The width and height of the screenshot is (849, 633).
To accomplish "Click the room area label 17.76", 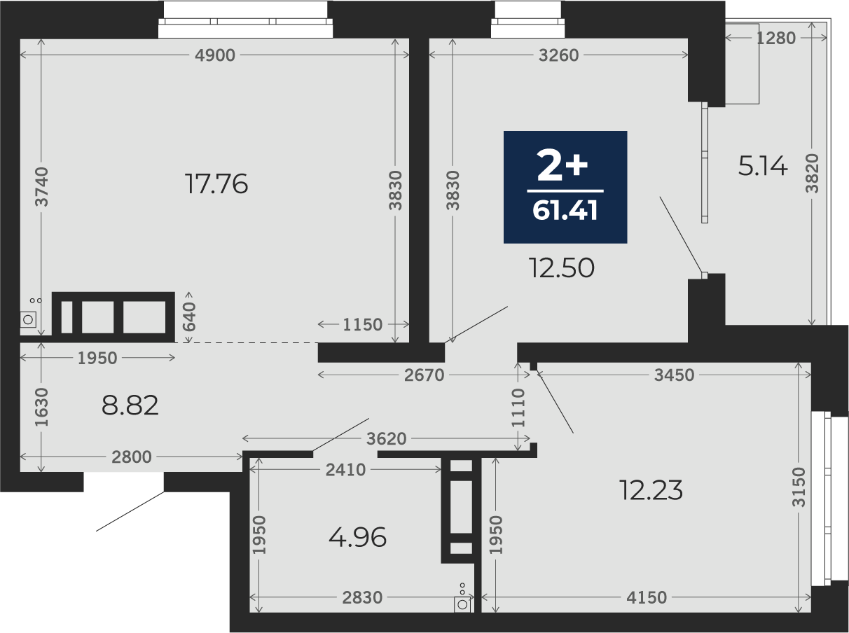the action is pyautogui.click(x=216, y=183).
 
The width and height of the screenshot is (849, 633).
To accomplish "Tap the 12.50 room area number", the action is pyautogui.click(x=561, y=267).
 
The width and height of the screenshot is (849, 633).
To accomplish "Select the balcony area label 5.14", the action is pyautogui.click(x=762, y=166).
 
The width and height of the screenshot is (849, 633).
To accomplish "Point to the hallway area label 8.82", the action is pyautogui.click(x=130, y=405).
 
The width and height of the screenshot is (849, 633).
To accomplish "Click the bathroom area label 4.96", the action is pyautogui.click(x=357, y=537).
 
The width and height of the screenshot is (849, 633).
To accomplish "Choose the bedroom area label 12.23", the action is pyautogui.click(x=651, y=490).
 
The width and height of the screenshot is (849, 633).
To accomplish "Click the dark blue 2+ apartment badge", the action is pyautogui.click(x=565, y=187).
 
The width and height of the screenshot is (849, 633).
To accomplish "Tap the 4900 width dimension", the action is pyautogui.click(x=214, y=55).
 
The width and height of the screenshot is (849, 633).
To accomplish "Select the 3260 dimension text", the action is pyautogui.click(x=558, y=55).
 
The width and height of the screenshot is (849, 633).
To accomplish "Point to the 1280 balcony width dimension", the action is pyautogui.click(x=775, y=38).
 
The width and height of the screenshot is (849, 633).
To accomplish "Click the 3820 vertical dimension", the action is pyautogui.click(x=812, y=173).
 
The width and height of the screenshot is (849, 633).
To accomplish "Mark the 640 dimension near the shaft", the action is pyautogui.click(x=189, y=317).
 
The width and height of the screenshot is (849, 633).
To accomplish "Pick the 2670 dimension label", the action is pyautogui.click(x=424, y=375).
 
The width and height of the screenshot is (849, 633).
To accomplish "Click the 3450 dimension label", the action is pyautogui.click(x=674, y=375).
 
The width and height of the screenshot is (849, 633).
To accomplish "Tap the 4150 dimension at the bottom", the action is pyautogui.click(x=647, y=597).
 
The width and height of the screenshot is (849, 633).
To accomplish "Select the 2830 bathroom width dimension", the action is pyautogui.click(x=362, y=597).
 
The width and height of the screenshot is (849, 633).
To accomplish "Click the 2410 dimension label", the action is pyautogui.click(x=345, y=470).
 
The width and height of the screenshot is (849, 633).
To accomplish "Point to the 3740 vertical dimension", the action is pyautogui.click(x=41, y=187).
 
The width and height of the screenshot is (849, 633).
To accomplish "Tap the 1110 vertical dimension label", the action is pyautogui.click(x=518, y=408).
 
